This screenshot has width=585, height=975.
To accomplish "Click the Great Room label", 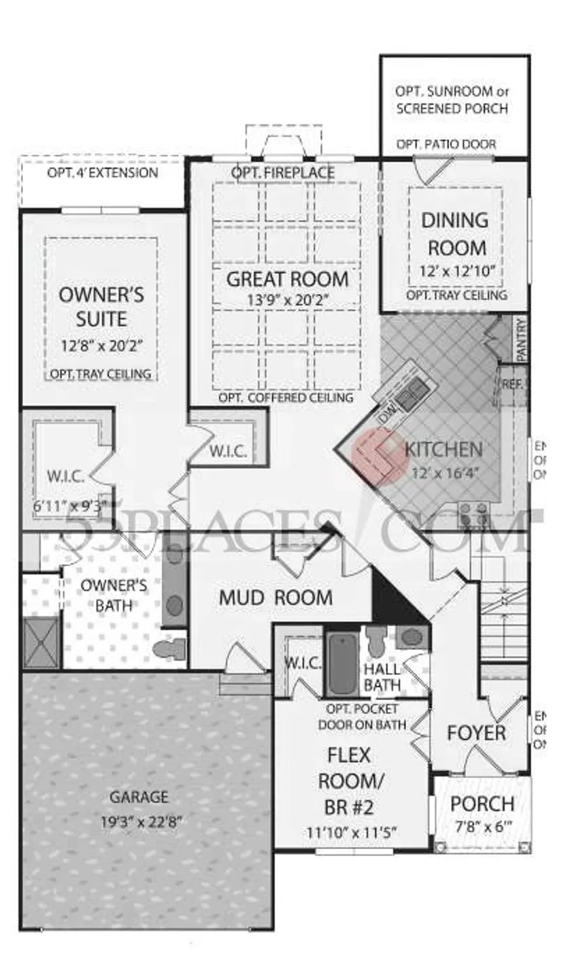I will click(287, 279).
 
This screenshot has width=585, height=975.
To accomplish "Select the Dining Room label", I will click(454, 233).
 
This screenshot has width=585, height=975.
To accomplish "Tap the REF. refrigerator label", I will click(512, 384).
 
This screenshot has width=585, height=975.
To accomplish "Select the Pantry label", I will click(521, 340).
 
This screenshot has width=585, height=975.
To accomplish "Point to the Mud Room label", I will click(275, 598).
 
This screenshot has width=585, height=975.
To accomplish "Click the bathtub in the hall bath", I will click(342, 663).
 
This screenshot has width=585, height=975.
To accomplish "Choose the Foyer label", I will click(476, 733).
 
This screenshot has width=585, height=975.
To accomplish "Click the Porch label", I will click(482, 804).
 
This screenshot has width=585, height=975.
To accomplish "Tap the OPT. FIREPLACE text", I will click(282, 173).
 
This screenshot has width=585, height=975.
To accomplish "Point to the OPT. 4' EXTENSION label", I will click(102, 172).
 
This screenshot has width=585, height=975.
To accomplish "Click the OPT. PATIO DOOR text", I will click(446, 144).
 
